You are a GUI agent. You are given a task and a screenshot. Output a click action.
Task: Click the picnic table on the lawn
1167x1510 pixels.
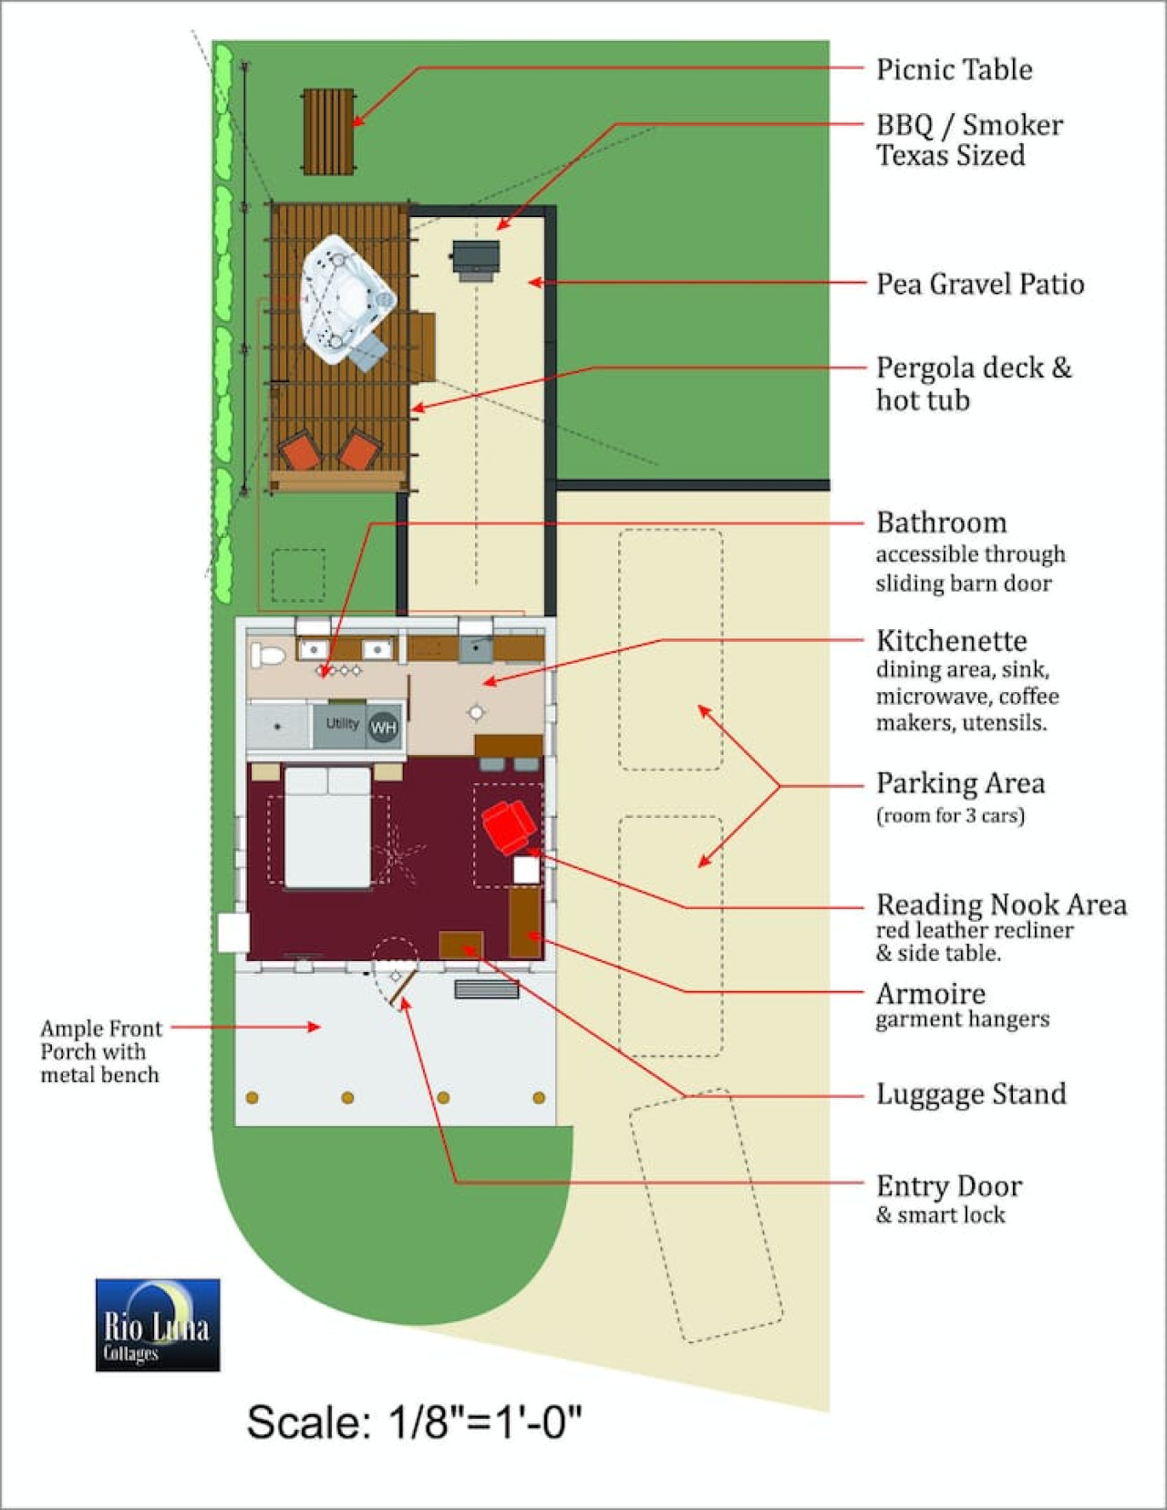[x=329, y=131]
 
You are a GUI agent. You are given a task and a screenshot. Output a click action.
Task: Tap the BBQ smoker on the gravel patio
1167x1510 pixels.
[x=476, y=260]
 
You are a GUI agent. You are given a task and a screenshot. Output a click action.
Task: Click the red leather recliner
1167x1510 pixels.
[x=509, y=826]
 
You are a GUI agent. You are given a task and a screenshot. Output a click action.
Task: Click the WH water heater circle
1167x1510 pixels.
[x=384, y=728]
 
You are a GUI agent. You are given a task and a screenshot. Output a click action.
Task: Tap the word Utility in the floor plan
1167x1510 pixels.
[x=343, y=723]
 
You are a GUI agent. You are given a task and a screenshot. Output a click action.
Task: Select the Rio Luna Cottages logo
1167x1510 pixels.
[x=158, y=1325]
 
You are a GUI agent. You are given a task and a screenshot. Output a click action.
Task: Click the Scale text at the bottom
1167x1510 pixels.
[x=414, y=1422]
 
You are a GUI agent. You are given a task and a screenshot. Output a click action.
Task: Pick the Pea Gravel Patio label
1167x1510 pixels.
[x=980, y=284]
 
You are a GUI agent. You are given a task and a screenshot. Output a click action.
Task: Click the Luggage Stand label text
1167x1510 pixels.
[x=971, y=1093]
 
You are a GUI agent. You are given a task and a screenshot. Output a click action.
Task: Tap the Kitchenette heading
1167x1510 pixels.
[x=952, y=640]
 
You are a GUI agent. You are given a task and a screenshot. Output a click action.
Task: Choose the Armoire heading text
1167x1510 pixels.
[x=931, y=994]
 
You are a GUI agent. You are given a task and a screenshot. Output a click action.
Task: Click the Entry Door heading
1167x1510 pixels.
[x=949, y=1186]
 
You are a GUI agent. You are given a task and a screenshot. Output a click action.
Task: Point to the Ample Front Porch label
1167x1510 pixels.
[x=100, y=1051]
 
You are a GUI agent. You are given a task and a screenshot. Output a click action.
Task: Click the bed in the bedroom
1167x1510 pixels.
[x=328, y=827]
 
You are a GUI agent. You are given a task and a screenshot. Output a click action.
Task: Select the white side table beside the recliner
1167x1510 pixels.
[x=527, y=870]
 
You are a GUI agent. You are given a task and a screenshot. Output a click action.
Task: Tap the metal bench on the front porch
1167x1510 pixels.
[x=486, y=988]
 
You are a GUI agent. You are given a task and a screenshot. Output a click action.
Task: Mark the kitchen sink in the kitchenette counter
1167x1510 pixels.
[x=476, y=648]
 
